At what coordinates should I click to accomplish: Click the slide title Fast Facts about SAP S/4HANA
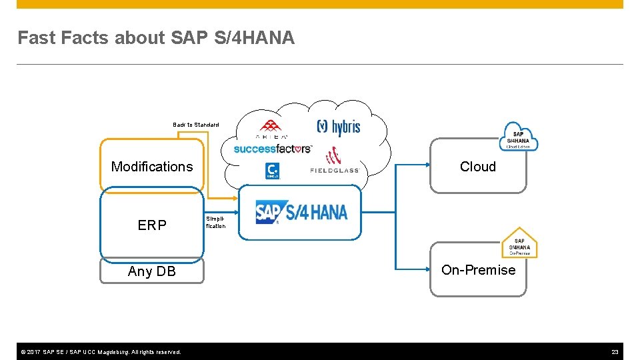[x=155, y=38]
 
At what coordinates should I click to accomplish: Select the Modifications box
[x=152, y=167]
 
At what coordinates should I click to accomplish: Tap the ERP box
[x=152, y=225]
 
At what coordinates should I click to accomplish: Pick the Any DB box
[x=152, y=271]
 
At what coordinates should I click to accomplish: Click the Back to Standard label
[x=195, y=125]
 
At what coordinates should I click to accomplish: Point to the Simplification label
[x=215, y=222]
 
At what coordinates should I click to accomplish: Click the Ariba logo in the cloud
[x=269, y=128]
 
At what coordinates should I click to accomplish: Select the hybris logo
[x=338, y=127]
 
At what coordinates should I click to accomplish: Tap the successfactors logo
[x=272, y=149]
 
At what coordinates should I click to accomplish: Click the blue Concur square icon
[x=272, y=171]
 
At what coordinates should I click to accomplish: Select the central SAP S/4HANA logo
[x=301, y=213]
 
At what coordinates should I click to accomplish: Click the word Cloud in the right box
[x=478, y=167]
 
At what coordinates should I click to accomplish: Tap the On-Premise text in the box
[x=478, y=270]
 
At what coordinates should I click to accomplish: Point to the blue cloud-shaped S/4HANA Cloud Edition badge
[x=519, y=137]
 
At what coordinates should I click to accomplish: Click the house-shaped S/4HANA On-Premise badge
[x=519, y=243]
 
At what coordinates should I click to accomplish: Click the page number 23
[x=615, y=351]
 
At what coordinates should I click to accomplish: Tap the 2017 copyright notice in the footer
[x=99, y=351]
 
